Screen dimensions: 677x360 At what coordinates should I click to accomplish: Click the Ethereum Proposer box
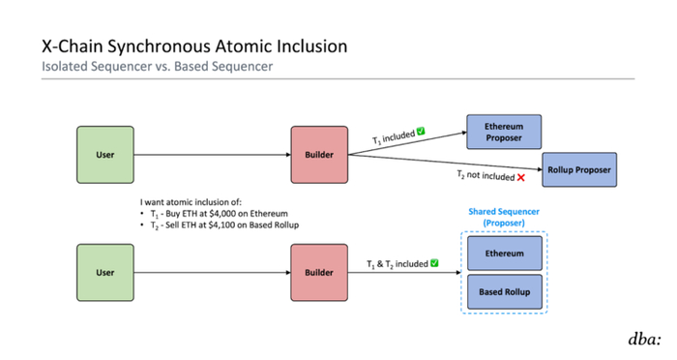pyautogui.click(x=504, y=132)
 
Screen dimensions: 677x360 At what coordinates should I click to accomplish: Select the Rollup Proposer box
pyautogui.click(x=579, y=170)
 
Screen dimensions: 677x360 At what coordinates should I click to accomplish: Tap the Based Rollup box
pyautogui.click(x=505, y=291)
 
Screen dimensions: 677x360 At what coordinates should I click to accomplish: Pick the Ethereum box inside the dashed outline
pyautogui.click(x=505, y=254)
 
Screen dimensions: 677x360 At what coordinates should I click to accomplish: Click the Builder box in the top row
pyautogui.click(x=319, y=155)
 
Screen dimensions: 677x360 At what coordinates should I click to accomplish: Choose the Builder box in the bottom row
pyautogui.click(x=319, y=273)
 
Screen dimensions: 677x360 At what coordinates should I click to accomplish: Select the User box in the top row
pyautogui.click(x=105, y=155)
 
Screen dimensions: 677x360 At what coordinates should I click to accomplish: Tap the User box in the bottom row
pyautogui.click(x=105, y=273)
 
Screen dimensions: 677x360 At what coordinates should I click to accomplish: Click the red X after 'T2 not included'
pyautogui.click(x=521, y=178)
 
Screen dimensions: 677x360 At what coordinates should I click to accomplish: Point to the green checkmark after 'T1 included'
pyautogui.click(x=421, y=132)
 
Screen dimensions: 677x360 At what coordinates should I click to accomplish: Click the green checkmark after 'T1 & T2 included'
pyautogui.click(x=434, y=263)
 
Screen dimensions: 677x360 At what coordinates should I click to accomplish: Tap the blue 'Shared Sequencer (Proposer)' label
pyautogui.click(x=504, y=217)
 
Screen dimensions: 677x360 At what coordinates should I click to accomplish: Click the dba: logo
pyautogui.click(x=645, y=339)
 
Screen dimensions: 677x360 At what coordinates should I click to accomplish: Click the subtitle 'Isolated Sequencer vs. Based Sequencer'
pyautogui.click(x=157, y=67)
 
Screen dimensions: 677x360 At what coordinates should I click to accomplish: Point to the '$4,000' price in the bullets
pyautogui.click(x=223, y=214)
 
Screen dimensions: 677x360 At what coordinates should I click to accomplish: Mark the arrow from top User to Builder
pyautogui.click(x=213, y=155)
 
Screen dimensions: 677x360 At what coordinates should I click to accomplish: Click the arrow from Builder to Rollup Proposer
pyautogui.click(x=445, y=162)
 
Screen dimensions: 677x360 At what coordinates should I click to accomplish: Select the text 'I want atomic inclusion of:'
pyautogui.click(x=191, y=202)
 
